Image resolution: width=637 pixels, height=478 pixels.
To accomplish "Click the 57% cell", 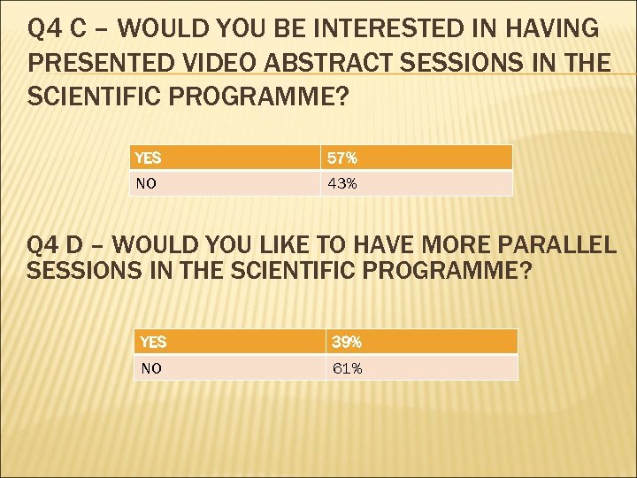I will click(x=416, y=158).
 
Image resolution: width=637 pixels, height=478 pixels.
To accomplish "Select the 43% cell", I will click(x=416, y=183).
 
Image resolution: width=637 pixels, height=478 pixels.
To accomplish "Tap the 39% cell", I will click(x=421, y=342).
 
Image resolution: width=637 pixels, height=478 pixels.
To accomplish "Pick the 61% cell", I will click(x=421, y=368).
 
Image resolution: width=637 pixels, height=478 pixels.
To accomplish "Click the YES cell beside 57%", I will click(x=225, y=158).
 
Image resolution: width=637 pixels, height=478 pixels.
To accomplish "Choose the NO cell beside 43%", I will click(x=225, y=183).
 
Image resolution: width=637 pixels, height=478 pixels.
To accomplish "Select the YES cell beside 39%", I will click(x=230, y=342).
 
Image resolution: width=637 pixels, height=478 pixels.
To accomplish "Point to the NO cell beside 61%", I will click(x=230, y=368).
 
